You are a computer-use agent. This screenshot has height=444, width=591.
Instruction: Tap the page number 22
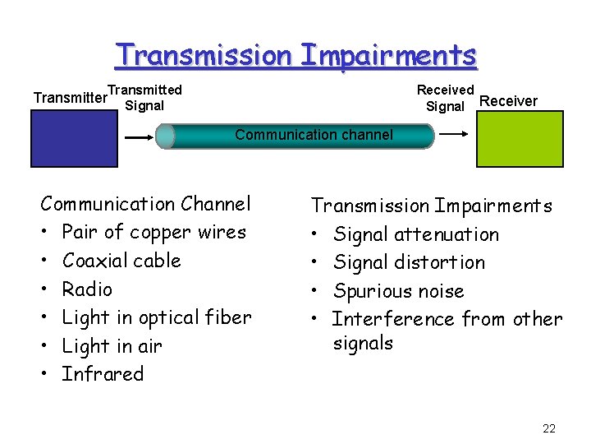[549, 428]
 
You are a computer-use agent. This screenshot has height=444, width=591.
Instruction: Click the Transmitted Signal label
[144, 97]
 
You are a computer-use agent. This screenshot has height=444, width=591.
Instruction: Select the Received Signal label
[446, 98]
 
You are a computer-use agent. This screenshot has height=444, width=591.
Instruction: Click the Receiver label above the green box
[508, 101]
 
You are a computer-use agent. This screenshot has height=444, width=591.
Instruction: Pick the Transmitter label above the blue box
[70, 98]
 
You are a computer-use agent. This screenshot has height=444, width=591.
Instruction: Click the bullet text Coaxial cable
[121, 261]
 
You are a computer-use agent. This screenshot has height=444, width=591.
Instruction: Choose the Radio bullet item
[87, 289]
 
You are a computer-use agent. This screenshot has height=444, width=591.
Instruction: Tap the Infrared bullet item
[103, 374]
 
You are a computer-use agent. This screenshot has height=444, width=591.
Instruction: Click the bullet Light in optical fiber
[157, 317]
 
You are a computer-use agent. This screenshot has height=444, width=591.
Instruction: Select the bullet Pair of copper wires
[153, 232]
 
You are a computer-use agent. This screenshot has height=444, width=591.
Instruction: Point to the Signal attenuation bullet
[416, 234]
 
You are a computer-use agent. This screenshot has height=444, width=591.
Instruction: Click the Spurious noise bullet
[399, 291]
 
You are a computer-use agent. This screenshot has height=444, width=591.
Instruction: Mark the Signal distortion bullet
[410, 262]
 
